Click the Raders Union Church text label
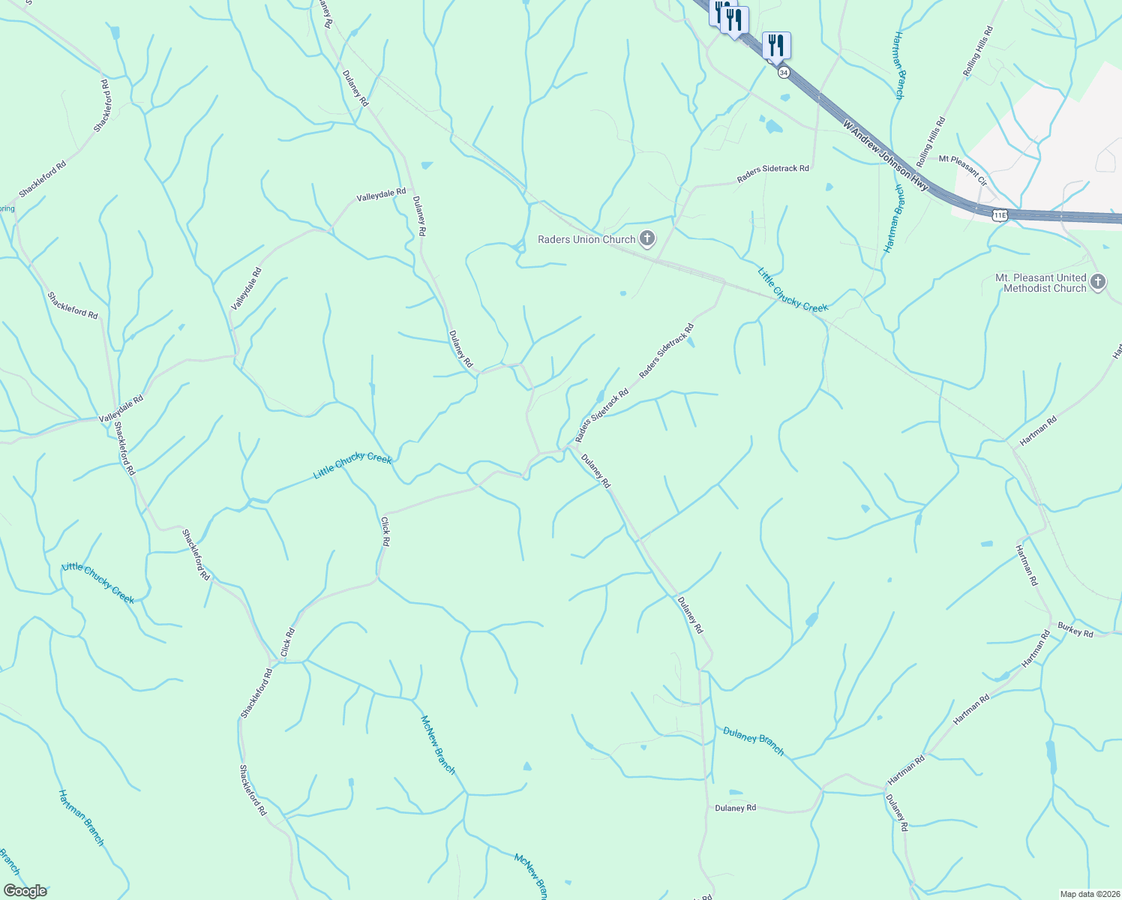coord(586,240)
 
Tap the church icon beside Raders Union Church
coord(646,240)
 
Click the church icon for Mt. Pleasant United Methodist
coord(1098,282)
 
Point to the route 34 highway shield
coord(784,72)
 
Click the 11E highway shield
coord(999,215)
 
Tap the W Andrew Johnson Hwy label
coord(886,156)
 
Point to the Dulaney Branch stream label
coord(753,740)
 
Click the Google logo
coord(25,891)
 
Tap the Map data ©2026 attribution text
coord(1089,894)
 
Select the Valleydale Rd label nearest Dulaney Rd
coord(381,196)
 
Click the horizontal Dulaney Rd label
coord(735,808)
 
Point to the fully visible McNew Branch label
coord(438,745)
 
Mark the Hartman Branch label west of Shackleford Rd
coord(81,817)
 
